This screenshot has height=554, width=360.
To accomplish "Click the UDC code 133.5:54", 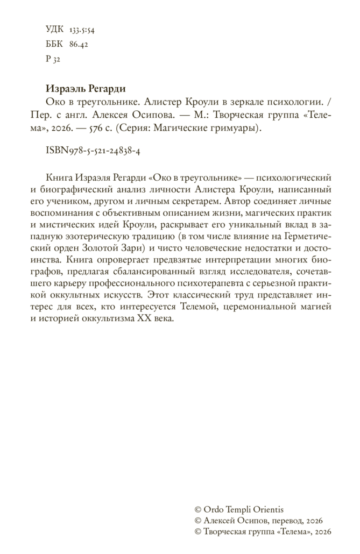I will point(81,29).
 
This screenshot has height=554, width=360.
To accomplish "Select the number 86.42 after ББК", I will point(79,44).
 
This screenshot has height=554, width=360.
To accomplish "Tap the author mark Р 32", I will point(53,59).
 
